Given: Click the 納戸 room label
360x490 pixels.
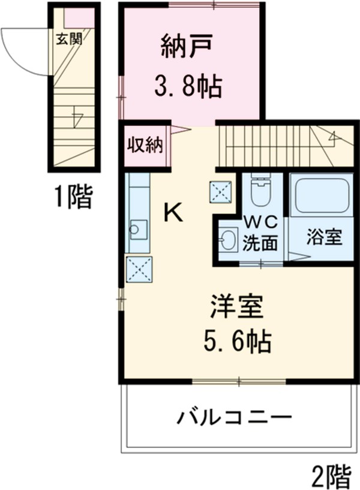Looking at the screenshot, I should coord(187,47).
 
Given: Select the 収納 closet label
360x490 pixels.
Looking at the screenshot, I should coord(144,146).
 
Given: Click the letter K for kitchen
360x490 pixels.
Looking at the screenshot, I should coord(173,211).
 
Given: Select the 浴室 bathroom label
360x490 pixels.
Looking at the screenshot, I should coord(325,238).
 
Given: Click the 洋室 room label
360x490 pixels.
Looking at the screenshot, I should coord(236,308).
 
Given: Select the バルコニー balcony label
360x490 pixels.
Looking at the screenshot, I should coord(234,416).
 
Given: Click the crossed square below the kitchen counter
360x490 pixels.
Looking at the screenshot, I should coord(139,268).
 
